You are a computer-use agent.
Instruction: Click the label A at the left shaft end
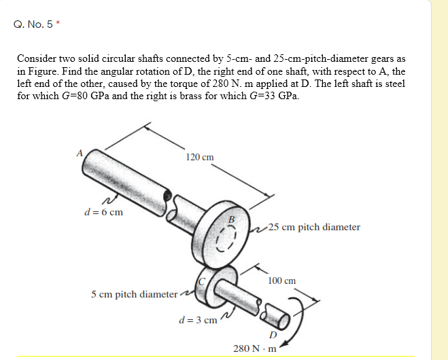[x=80, y=153]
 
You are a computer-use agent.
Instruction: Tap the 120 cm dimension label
[x=199, y=157]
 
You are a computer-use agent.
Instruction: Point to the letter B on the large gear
[x=231, y=219]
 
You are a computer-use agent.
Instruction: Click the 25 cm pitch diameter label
[x=314, y=227]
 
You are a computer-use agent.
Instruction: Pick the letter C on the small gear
[x=203, y=281]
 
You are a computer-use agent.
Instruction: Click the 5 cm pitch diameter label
[x=133, y=294]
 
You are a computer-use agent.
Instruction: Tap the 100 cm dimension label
[x=281, y=280]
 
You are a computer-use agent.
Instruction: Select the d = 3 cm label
[x=197, y=319]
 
